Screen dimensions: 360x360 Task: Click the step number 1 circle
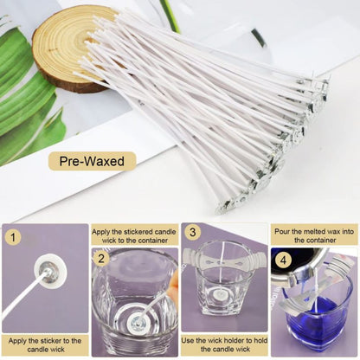point(12,235)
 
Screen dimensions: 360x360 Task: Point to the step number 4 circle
point(282,260)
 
